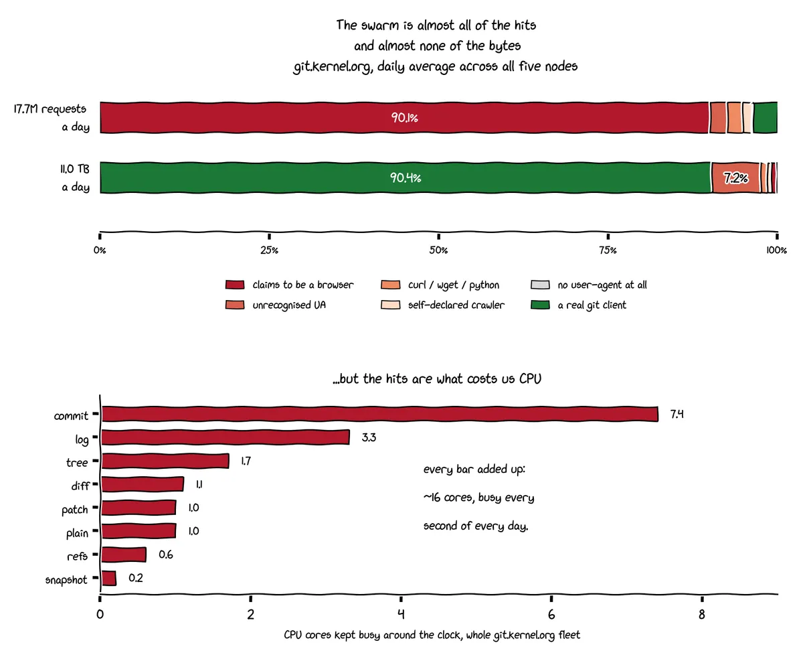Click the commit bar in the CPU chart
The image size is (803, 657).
click(379, 414)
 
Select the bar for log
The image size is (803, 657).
click(226, 437)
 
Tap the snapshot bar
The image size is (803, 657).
click(109, 578)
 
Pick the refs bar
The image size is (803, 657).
click(124, 555)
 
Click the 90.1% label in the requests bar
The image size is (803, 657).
click(404, 118)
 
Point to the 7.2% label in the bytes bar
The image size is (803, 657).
click(735, 178)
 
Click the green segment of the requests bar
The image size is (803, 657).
click(765, 117)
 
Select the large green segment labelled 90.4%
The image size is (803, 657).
click(405, 177)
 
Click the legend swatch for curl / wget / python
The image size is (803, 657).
click(390, 285)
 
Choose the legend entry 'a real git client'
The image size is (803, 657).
click(592, 305)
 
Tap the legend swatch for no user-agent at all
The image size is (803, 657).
click(540, 285)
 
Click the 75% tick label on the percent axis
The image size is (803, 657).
click(608, 250)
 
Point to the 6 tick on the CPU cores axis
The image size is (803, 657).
click(551, 614)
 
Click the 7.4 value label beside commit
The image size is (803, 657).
click(677, 414)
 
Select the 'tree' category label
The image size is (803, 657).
click(77, 462)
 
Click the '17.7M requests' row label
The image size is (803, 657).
click(50, 109)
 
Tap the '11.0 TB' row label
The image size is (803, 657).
click(75, 169)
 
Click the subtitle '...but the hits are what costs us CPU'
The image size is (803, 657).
click(437, 378)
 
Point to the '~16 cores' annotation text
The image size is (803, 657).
click(442, 498)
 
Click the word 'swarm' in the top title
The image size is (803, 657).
click(379, 25)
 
